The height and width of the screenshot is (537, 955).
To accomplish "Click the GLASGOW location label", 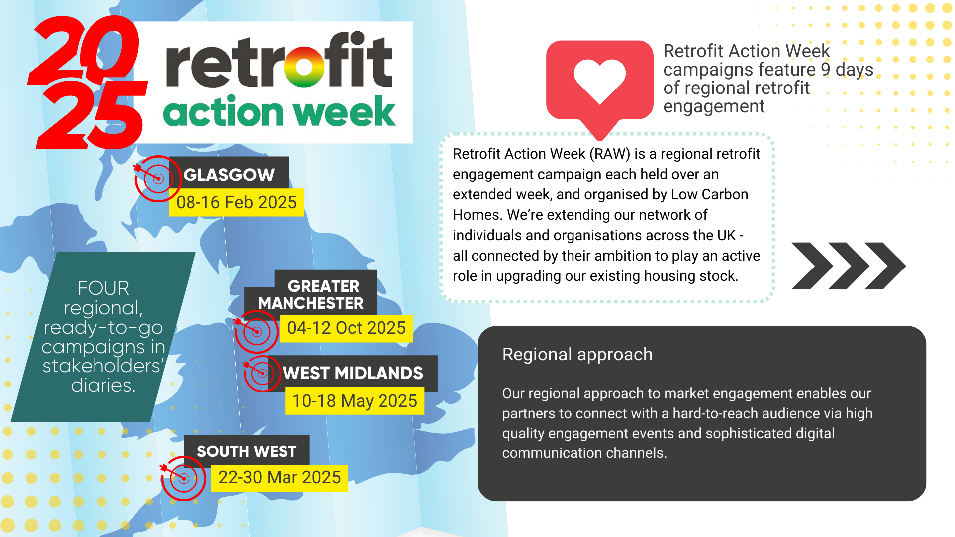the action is click(x=229, y=175).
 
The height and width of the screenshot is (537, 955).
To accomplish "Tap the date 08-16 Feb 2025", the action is click(x=236, y=202).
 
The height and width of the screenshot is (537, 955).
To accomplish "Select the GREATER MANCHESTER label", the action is click(x=311, y=294).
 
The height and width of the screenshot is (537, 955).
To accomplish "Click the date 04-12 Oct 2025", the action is click(x=346, y=328).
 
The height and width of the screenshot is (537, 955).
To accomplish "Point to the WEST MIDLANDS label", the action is click(x=353, y=373).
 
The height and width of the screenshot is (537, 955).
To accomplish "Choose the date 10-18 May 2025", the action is click(x=355, y=401).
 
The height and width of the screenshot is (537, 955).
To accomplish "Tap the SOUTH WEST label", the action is click(x=247, y=451).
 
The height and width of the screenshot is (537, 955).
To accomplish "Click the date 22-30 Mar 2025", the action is click(x=280, y=477).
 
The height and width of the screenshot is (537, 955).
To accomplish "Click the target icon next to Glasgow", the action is click(x=157, y=179).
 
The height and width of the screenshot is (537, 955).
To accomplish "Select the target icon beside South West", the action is click(x=183, y=478).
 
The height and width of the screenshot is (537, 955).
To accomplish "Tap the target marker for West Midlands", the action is click(x=262, y=373).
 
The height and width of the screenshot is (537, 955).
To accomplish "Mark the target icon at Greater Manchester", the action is click(x=256, y=331).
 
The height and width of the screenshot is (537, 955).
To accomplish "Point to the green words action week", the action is click(x=279, y=111).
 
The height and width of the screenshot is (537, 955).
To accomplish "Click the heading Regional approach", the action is click(x=577, y=355).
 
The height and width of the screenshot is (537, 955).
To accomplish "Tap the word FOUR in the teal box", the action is click(x=103, y=288).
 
